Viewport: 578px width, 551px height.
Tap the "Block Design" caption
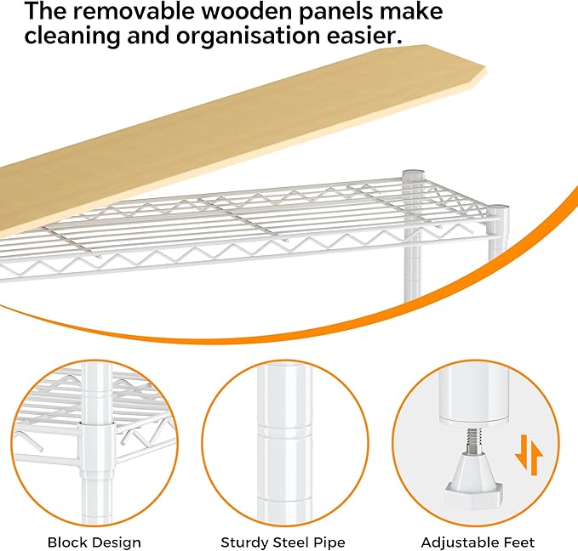coord(94,542)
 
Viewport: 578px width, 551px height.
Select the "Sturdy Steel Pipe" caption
coord(283,542)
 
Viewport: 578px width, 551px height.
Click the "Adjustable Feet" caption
coord(478,542)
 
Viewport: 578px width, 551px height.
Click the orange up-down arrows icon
coord(529,455)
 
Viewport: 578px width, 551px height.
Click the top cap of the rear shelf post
coord(414,173)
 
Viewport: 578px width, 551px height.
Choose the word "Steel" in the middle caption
coord(290,542)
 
